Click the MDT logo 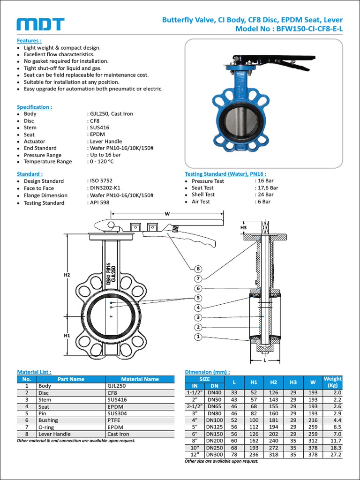(x=40, y=25)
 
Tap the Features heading (x=29, y=41)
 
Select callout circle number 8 (x=198, y=269)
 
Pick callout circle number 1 (x=198, y=337)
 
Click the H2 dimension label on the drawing (x=67, y=275)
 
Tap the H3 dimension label (x=243, y=227)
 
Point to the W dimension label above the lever (x=166, y=214)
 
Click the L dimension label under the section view (x=265, y=360)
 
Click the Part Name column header (x=71, y=379)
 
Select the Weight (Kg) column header (x=333, y=382)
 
